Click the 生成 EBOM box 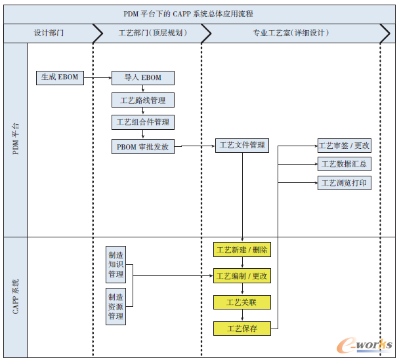[60, 77]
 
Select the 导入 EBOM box [143, 78]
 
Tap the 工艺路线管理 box [143, 100]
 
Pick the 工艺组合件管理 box [143, 122]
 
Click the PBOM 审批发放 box [143, 146]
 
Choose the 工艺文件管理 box [242, 145]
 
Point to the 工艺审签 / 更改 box [344, 146]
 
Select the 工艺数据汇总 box [344, 164]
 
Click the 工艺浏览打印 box [344, 183]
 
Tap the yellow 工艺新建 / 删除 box [241, 250]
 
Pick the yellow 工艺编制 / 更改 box [241, 276]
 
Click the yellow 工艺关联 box [241, 302]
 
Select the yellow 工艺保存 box [241, 328]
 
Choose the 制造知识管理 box [115, 264]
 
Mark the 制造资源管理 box [115, 306]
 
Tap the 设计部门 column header [49, 33]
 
